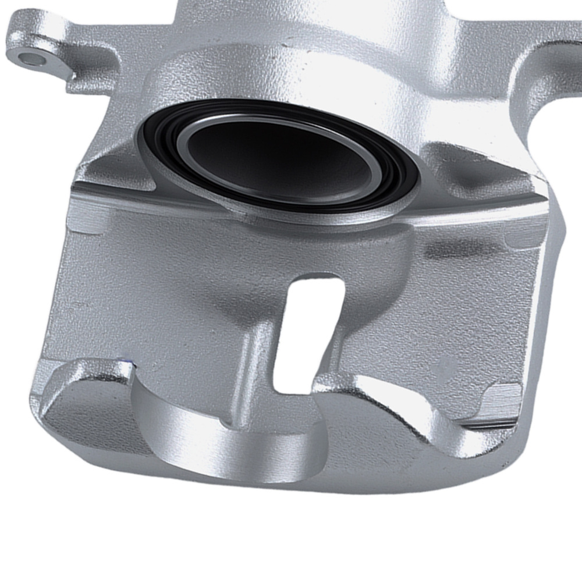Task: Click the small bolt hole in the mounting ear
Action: [x=27, y=57]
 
